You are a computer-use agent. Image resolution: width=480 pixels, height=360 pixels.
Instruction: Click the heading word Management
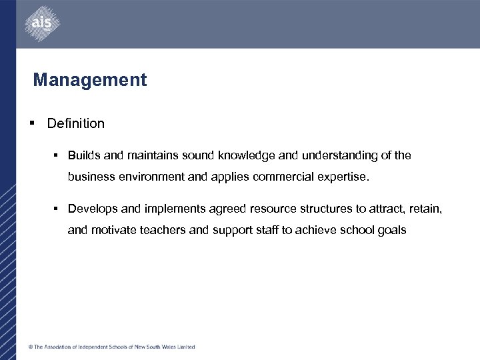pos(90,81)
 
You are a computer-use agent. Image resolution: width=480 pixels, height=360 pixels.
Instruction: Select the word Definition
pos(76,123)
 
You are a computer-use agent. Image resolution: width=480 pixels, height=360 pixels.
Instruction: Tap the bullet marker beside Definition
pos(32,123)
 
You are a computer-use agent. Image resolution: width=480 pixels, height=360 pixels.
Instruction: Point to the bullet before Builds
pos(57,155)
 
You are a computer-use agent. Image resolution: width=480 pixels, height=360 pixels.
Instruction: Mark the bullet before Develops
pos(57,209)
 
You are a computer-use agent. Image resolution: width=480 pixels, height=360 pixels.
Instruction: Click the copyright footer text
pos(111,347)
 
